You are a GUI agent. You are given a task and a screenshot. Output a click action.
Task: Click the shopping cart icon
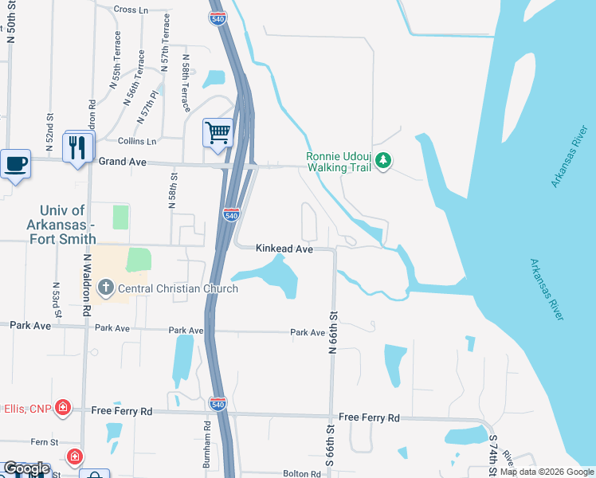(218, 132)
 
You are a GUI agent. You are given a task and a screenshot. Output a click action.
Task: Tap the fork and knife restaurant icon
(77, 147)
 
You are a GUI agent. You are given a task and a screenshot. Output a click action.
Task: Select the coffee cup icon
(16, 163)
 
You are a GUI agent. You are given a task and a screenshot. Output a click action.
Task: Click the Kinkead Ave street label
(284, 249)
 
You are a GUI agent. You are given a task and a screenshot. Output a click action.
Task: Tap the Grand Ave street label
(123, 161)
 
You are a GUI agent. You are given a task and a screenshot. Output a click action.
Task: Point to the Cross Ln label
(131, 10)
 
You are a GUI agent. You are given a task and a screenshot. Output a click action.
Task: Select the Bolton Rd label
(301, 473)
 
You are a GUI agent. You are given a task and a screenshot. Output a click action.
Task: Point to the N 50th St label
(11, 22)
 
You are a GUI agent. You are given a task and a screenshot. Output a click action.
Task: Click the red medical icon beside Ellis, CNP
(62, 409)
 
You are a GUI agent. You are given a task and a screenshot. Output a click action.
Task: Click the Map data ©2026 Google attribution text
(547, 472)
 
